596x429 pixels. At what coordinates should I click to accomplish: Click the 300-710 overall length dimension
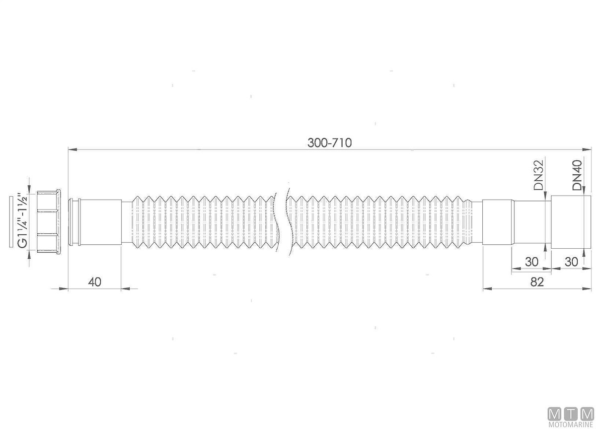click(x=329, y=143)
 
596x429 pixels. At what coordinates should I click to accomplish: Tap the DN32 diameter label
click(x=539, y=175)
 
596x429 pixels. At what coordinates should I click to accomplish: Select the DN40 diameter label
click(x=577, y=175)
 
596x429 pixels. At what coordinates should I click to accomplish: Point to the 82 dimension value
click(x=537, y=282)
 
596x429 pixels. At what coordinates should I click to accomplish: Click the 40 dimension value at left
click(x=94, y=282)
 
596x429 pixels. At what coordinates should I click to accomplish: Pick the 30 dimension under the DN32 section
click(x=531, y=262)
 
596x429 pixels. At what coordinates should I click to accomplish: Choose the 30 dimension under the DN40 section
click(x=571, y=262)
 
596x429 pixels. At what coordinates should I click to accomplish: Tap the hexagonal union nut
click(x=49, y=221)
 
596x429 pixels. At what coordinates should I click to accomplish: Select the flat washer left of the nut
click(x=11, y=222)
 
